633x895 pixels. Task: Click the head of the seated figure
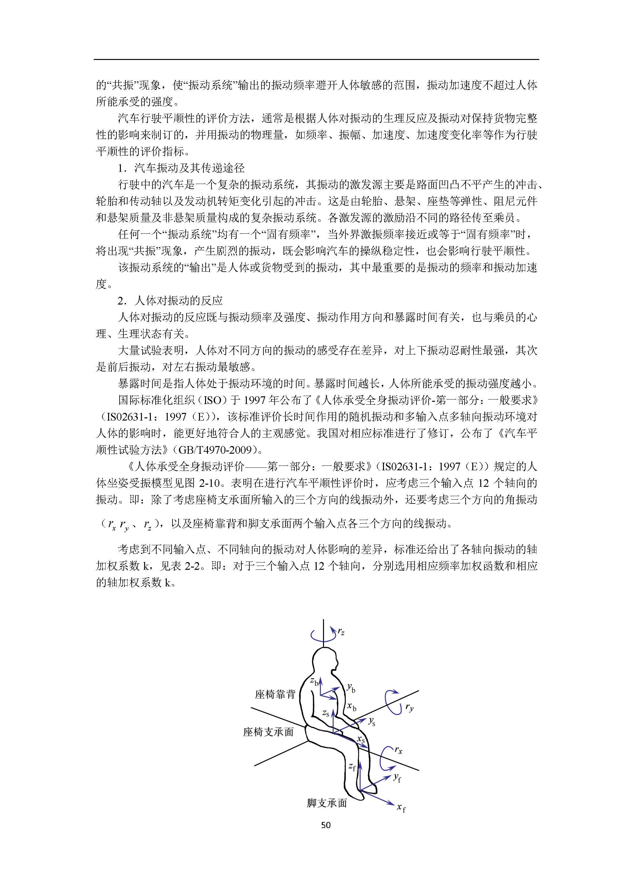tap(326, 659)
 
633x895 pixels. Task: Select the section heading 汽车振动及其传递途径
tap(189, 168)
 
